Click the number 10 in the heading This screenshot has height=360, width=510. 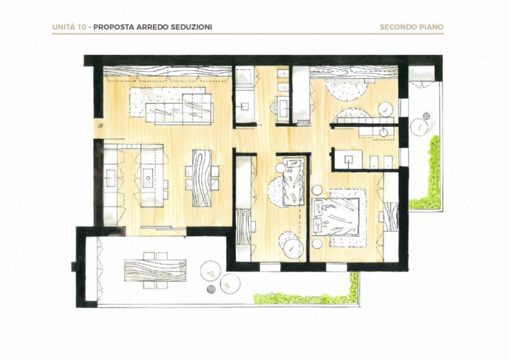[82, 27]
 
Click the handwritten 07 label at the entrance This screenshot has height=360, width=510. [99, 126]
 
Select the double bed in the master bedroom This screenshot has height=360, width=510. [336, 217]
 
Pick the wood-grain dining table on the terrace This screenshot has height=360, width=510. [156, 270]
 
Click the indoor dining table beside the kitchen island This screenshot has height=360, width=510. [201, 178]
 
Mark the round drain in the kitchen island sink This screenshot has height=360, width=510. [149, 178]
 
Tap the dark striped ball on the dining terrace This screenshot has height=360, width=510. [212, 289]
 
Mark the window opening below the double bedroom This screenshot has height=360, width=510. [337, 267]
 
